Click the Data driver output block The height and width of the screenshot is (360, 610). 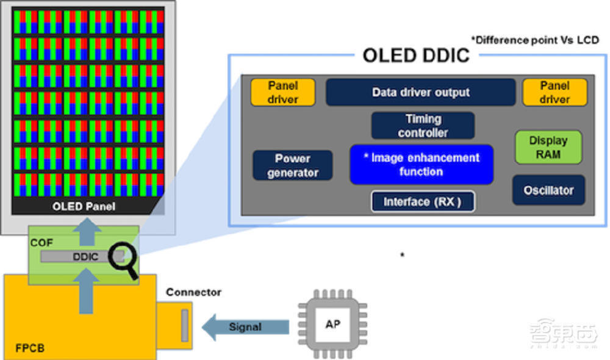pyautogui.click(x=420, y=93)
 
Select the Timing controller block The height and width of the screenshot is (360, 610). pyautogui.click(x=423, y=125)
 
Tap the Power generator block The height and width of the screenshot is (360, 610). pyautogui.click(x=293, y=165)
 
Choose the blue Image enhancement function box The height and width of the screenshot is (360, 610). pyautogui.click(x=421, y=165)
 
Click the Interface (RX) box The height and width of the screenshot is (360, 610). pyautogui.click(x=422, y=202)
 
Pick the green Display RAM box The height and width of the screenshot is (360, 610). pyautogui.click(x=548, y=147)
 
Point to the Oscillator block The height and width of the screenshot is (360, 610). pyautogui.click(x=548, y=190)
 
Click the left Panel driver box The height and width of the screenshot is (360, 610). pyautogui.click(x=282, y=92)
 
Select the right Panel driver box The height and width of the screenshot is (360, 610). pyautogui.click(x=554, y=92)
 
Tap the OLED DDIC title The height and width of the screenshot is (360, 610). pyautogui.click(x=416, y=56)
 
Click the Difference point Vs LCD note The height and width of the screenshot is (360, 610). pyautogui.click(x=534, y=40)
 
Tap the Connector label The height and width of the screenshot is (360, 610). pyautogui.click(x=193, y=292)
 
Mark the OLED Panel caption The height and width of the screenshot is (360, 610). pyautogui.click(x=84, y=206)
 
